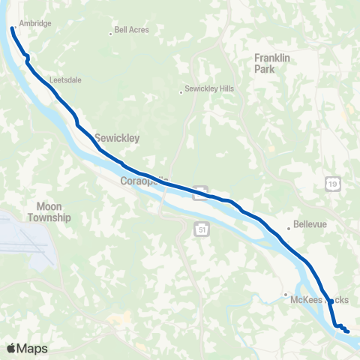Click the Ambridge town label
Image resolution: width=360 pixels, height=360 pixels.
coord(35,24)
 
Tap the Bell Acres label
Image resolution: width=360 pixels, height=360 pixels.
coord(133,31)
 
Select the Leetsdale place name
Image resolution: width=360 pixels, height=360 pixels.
coord(66,78)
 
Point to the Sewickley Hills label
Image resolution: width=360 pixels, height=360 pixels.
coord(211,88)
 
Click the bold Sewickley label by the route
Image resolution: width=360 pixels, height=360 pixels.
coord(118,138)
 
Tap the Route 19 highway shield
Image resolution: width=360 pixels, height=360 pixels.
coord(331,182)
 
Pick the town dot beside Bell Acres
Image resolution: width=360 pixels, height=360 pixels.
coord(110,31)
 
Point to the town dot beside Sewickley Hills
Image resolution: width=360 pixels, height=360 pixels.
coord(181,92)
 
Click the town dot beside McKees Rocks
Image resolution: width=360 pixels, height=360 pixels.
coord(285,294)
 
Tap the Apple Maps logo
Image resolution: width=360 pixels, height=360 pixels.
coord(27,349)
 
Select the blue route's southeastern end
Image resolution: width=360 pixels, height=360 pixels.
coord(348,331)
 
